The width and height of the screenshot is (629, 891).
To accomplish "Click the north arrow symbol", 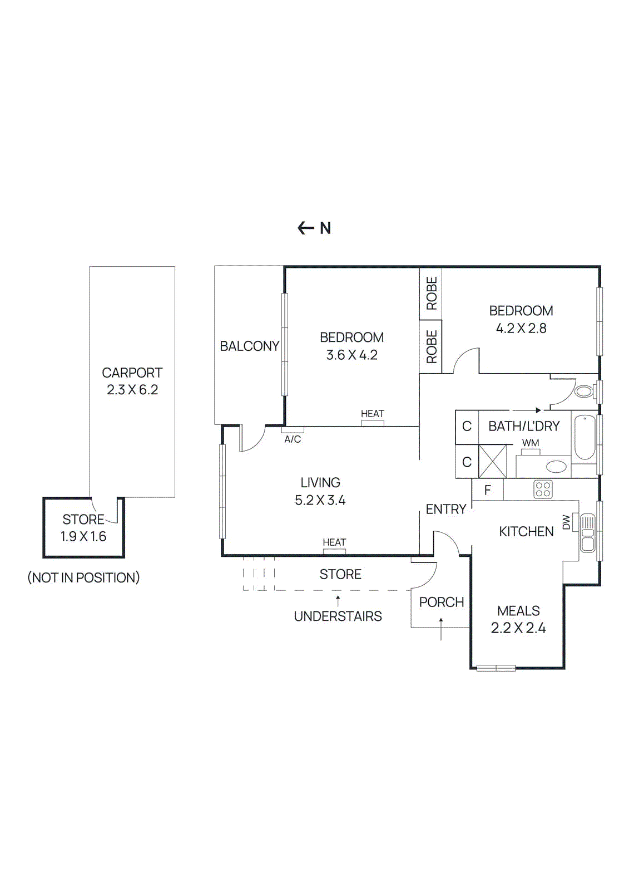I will [x=306, y=228].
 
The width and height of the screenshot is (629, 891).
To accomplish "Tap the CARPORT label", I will [x=132, y=373].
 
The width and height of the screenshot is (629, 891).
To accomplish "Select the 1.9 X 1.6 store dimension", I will [x=83, y=537].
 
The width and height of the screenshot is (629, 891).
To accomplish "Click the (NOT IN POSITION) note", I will [x=83, y=577].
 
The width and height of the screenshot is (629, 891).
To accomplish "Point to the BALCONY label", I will [x=249, y=346].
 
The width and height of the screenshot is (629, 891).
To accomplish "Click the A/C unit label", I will [x=293, y=439].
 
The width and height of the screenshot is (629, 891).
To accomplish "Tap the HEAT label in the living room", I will [x=334, y=542].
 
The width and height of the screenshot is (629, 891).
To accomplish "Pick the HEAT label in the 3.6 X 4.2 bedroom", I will [x=372, y=414].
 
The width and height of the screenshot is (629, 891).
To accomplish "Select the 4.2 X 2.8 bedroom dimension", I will [x=521, y=329].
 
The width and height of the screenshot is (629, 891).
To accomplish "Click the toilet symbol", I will [x=584, y=391].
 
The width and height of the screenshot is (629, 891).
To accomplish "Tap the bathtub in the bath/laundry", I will [x=585, y=437].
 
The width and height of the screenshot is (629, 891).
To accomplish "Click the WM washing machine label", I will [x=531, y=443].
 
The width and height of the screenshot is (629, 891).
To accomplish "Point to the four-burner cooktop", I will [x=543, y=489].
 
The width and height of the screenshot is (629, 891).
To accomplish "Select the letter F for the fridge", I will [x=488, y=491].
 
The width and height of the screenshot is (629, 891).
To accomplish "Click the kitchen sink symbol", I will [x=587, y=533].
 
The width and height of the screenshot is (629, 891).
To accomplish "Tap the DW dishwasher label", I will [x=566, y=522].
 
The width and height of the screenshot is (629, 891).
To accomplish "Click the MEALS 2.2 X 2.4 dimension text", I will [x=518, y=628].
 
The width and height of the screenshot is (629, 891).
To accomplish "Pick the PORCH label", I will [x=442, y=603].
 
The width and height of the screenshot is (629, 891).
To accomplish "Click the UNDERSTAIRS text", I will [x=338, y=616].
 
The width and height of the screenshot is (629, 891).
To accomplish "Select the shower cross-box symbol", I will [x=493, y=461].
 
